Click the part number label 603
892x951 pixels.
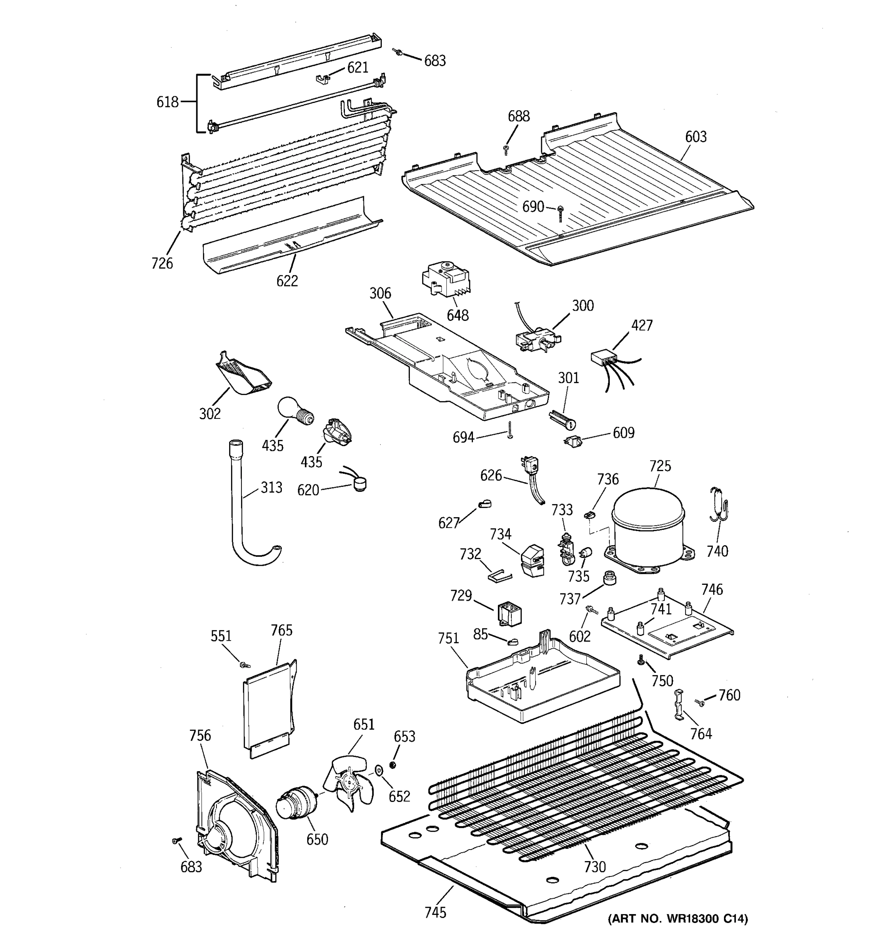click(x=695, y=137)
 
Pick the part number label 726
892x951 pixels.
click(x=162, y=263)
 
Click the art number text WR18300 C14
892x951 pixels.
click(x=678, y=918)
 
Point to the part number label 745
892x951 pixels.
click(x=435, y=912)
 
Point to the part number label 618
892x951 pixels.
click(x=167, y=102)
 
